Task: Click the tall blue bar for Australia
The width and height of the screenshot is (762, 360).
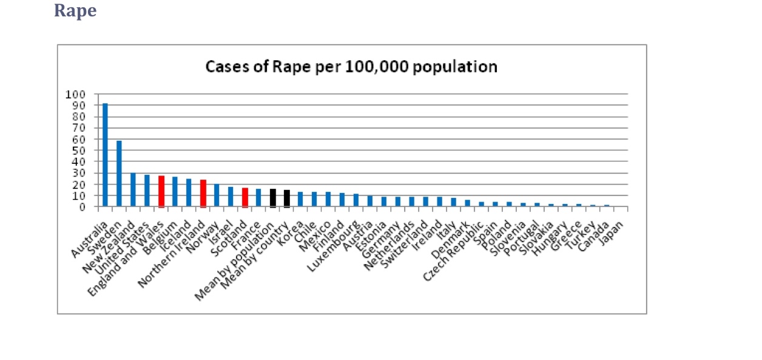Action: pyautogui.click(x=105, y=155)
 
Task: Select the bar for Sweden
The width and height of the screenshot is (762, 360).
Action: pyautogui.click(x=119, y=174)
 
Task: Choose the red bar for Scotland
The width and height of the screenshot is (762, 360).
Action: pyautogui.click(x=245, y=197)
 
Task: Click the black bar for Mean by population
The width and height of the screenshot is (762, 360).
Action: pyautogui.click(x=273, y=198)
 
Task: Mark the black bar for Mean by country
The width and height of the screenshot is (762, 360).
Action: pyautogui.click(x=287, y=198)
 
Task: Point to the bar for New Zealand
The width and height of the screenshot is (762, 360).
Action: pyautogui.click(x=133, y=190)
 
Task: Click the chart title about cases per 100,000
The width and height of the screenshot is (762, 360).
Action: pyautogui.click(x=351, y=66)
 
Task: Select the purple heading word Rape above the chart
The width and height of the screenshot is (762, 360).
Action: pyautogui.click(x=75, y=10)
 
